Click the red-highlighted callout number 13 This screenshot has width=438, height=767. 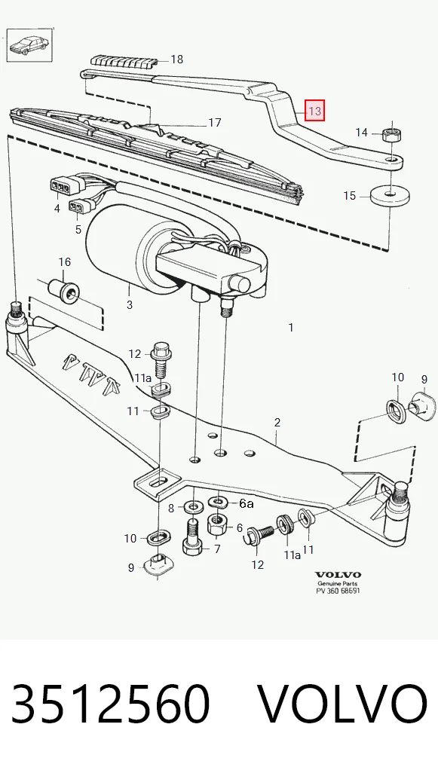pyautogui.click(x=314, y=111)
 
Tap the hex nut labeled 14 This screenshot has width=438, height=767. pyautogui.click(x=390, y=133)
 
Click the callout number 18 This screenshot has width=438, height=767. pyautogui.click(x=176, y=60)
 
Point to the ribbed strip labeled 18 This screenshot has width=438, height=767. pyautogui.click(x=124, y=62)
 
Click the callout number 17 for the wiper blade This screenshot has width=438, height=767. pyautogui.click(x=215, y=122)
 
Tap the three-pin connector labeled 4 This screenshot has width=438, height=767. pyautogui.click(x=60, y=186)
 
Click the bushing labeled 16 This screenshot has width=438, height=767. pyautogui.click(x=64, y=291)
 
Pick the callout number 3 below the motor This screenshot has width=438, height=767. pyautogui.click(x=129, y=305)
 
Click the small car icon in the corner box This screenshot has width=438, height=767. pyautogui.click(x=29, y=45)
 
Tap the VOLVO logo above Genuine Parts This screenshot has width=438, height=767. pyautogui.click(x=338, y=575)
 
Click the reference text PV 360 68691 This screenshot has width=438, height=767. pyautogui.click(x=338, y=591)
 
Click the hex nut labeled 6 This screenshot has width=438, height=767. pyautogui.click(x=217, y=526)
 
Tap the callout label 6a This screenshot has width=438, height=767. pyautogui.click(x=247, y=503)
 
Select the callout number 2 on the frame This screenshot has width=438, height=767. pyautogui.click(x=277, y=422)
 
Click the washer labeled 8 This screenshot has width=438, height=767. pyautogui.click(x=194, y=506)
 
